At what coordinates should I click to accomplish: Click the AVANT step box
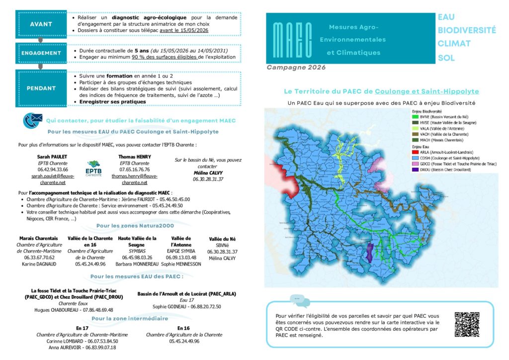pyautogui.click(x=41, y=24)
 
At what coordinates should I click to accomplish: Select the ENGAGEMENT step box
pyautogui.click(x=41, y=53)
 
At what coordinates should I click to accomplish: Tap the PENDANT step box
pyautogui.click(x=41, y=88)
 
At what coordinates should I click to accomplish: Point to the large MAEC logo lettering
pyautogui.click(x=293, y=39)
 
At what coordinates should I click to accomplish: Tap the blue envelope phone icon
pyautogui.click(x=33, y=120)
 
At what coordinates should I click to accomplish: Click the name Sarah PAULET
pyautogui.click(x=52, y=156)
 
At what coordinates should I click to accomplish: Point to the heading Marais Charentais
pyautogui.click(x=38, y=238)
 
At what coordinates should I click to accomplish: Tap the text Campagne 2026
pyautogui.click(x=296, y=68)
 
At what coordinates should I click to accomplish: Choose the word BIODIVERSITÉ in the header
pyautogui.click(x=466, y=30)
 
